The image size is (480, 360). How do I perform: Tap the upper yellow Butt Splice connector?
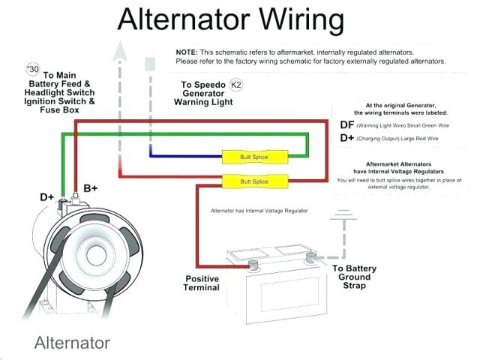255,157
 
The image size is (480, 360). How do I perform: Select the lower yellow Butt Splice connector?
255,182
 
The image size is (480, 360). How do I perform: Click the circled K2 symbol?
235,85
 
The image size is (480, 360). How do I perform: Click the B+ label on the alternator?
91,188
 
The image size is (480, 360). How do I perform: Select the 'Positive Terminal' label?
202,283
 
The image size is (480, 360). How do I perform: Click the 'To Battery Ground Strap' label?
354,276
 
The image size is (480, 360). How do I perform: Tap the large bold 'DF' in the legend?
346,124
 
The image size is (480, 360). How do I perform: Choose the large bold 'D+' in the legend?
346,138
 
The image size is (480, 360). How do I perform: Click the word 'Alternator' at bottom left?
72,343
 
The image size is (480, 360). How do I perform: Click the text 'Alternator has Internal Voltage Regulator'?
259,211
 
